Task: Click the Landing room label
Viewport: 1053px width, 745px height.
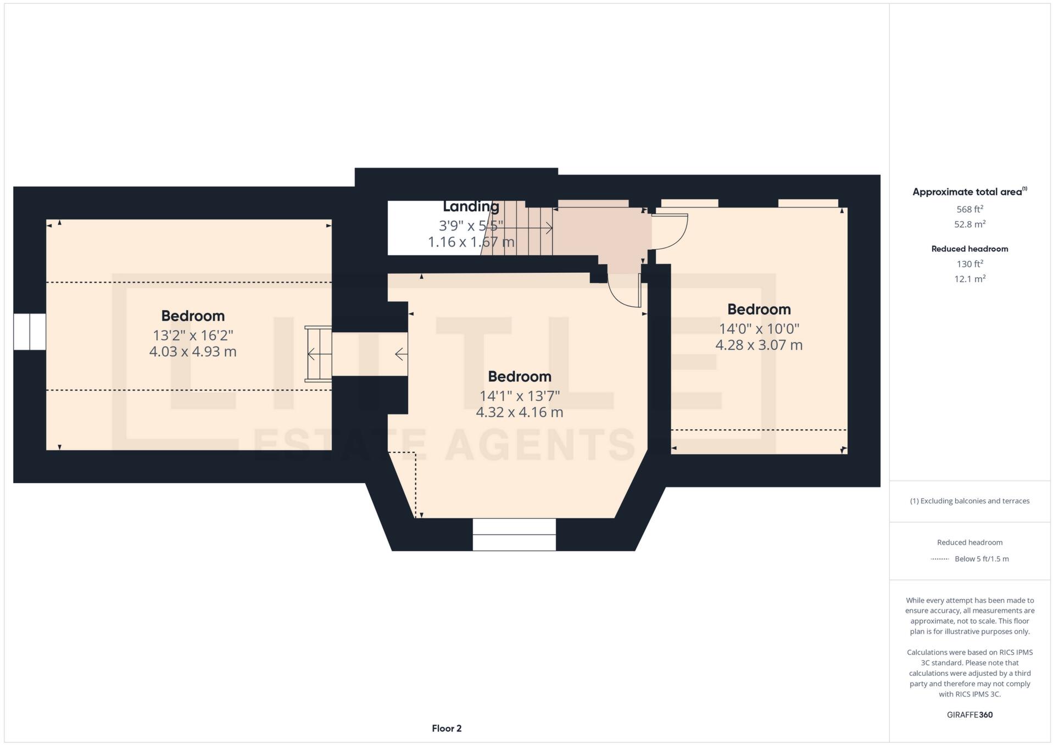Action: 471,206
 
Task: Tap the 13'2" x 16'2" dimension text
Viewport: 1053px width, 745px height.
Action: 193,335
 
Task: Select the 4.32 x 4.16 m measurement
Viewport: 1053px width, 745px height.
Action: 519,412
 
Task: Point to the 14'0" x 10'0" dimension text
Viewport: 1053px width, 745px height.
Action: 759,328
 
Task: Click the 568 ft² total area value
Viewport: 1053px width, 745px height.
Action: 970,209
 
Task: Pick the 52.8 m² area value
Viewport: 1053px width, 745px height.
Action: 970,224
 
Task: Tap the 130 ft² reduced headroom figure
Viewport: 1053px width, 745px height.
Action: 970,264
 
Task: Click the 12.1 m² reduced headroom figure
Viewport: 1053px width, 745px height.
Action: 970,279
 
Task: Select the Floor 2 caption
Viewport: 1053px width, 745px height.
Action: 447,728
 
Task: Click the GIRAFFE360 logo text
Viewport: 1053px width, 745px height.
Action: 970,715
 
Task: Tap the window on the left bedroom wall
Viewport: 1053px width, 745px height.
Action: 30,332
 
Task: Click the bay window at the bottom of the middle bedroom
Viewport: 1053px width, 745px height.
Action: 514,534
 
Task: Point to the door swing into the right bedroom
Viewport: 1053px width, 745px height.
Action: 670,229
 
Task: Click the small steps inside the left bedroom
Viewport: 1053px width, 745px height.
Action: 319,354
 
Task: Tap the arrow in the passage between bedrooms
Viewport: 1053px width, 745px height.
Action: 401,354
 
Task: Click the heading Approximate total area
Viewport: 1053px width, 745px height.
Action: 967,192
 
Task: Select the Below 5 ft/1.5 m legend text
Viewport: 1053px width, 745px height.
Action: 982,559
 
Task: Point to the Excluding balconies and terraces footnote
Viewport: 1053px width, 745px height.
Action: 970,501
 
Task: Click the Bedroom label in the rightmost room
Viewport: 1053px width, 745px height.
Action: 759,309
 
